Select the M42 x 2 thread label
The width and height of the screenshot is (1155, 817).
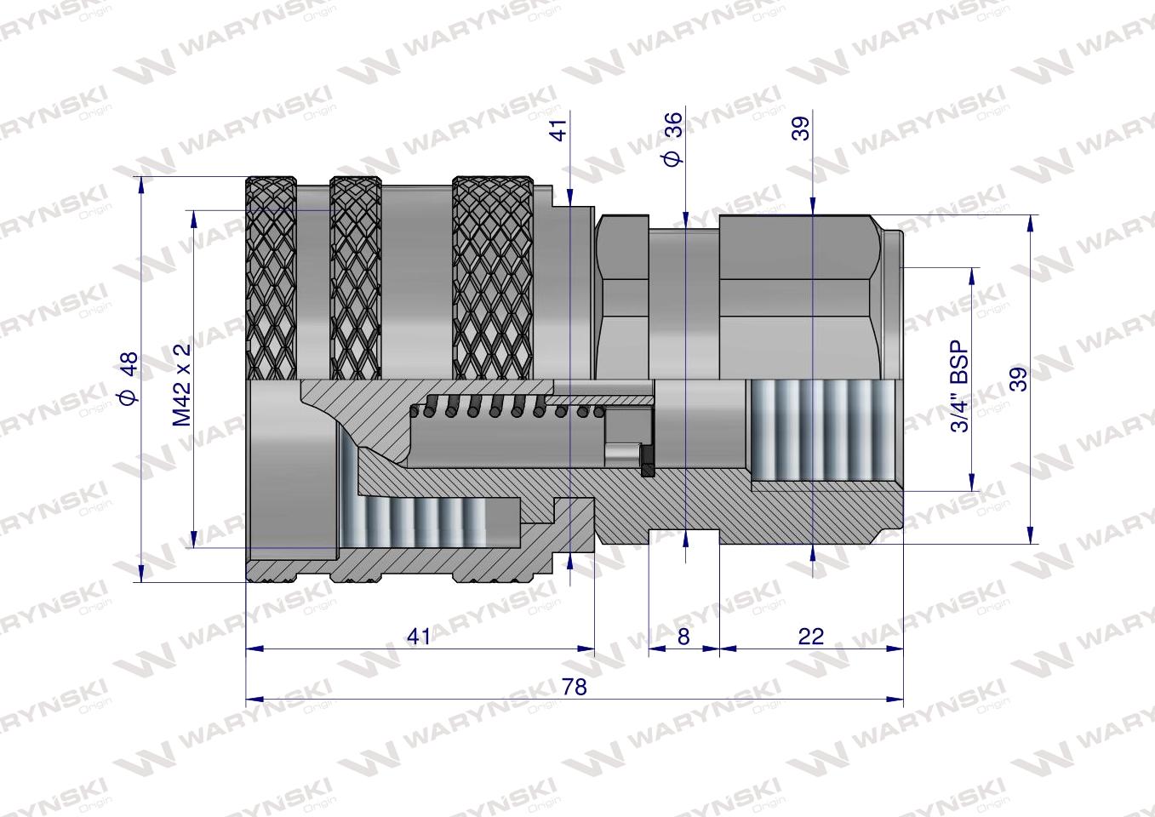(181, 385)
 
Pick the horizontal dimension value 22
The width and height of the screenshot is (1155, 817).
(811, 636)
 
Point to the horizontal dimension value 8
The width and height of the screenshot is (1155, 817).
(683, 636)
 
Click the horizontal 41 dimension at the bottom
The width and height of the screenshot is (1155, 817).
(420, 636)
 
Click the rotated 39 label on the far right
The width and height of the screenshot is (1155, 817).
(1018, 379)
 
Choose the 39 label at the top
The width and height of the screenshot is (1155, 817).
(801, 128)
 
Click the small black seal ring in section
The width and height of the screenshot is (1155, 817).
(646, 460)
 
